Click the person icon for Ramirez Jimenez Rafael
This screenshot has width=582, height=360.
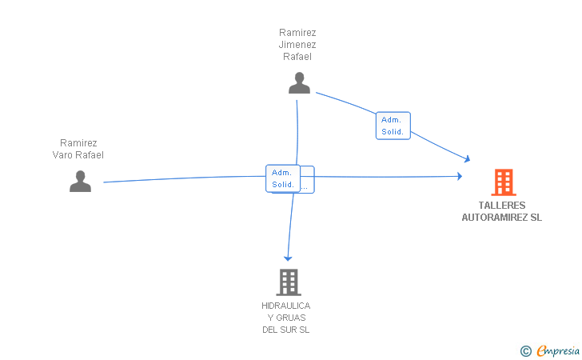coord(299,83)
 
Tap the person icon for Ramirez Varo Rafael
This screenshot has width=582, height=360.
coord(80,182)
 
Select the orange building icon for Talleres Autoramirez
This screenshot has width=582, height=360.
coord(504,182)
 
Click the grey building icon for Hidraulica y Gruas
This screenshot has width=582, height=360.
coord(289,282)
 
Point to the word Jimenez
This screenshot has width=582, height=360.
coord(297,45)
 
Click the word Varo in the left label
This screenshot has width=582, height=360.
coord(62,155)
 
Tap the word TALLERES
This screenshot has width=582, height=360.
coord(502,206)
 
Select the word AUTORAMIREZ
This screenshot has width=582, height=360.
coord(494,218)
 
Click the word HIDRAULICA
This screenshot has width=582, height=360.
coord(286,306)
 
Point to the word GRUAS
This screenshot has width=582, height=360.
coord(291,318)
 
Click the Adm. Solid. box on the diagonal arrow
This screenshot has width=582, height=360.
coord(393,126)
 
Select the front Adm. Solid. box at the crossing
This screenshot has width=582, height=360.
coord(283,178)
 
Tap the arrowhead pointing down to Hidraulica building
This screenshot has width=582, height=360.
coord(288,258)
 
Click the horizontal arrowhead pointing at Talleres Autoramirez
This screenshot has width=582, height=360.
coord(460,176)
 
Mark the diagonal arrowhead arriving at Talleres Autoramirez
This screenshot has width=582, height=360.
coord(467,158)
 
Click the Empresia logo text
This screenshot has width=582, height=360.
coord(558,350)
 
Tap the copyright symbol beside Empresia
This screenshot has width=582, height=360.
coord(526,351)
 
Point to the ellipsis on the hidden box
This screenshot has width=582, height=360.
coord(305,188)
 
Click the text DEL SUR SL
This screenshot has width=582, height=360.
coord(286,330)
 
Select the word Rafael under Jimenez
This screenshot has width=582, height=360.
coord(297,57)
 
